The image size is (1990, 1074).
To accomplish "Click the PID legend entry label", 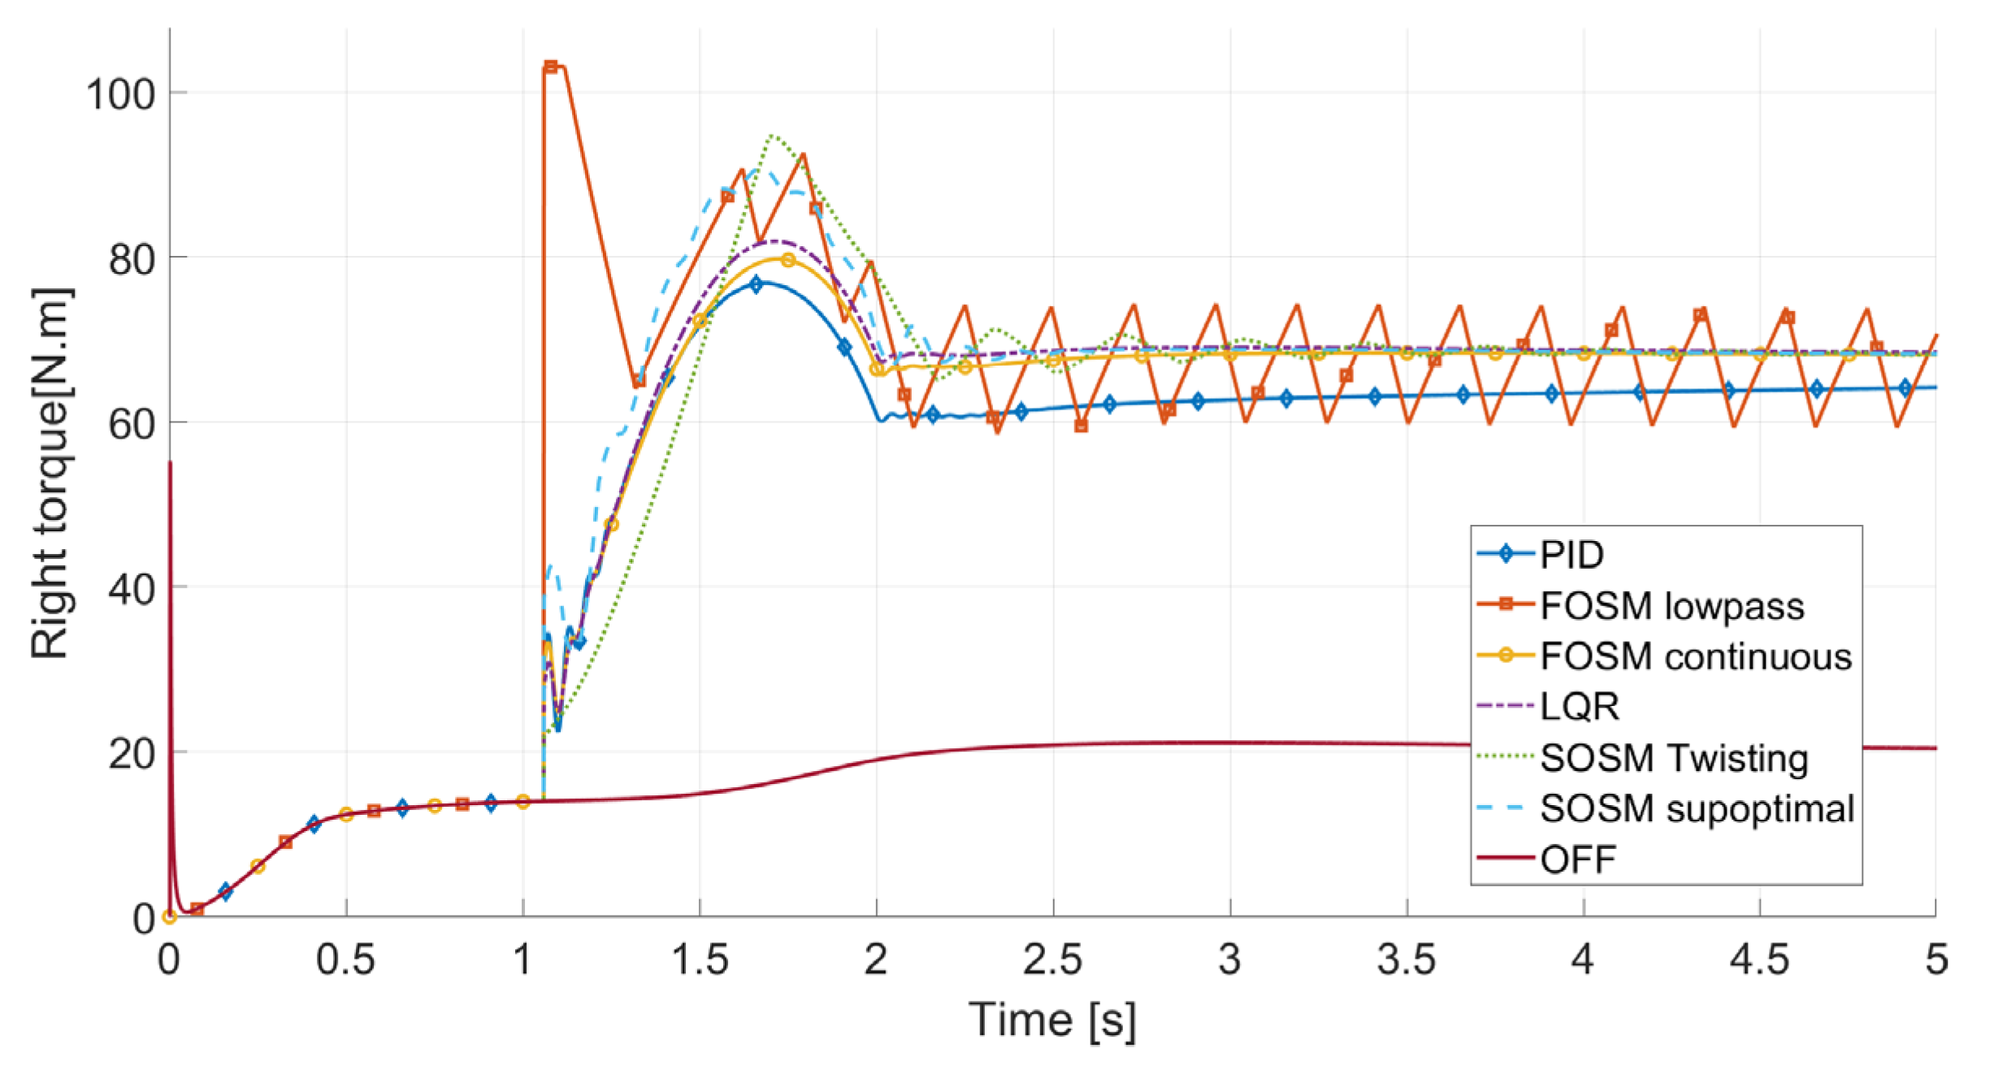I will coord(1572,555).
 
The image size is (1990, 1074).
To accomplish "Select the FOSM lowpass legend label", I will coord(1671,606).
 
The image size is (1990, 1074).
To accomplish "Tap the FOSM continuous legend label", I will coord(1695,656).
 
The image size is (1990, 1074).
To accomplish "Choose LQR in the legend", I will coord(1579,707).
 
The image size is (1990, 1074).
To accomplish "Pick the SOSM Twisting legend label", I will coord(1674,758).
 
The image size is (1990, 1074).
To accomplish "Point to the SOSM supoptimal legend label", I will coord(1697,808).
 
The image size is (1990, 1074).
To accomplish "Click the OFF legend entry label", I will coord(1577,859).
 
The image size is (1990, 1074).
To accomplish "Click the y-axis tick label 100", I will coord(120,94).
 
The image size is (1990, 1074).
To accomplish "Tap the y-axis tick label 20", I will coord(132,754).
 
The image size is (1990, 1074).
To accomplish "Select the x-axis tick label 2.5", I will coord(1052,959).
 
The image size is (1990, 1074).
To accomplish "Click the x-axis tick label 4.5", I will coord(1759,959).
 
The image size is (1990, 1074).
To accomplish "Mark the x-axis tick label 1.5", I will coord(699,959).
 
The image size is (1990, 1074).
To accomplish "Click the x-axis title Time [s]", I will coord(1052,1019).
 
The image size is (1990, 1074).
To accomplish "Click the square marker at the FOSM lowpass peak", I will coord(551,67).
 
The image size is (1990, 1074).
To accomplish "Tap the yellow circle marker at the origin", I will coord(170,917).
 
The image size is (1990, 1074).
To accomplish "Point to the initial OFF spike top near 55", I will coord(170,463).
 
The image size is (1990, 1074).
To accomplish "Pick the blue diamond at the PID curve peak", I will coord(757,284).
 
